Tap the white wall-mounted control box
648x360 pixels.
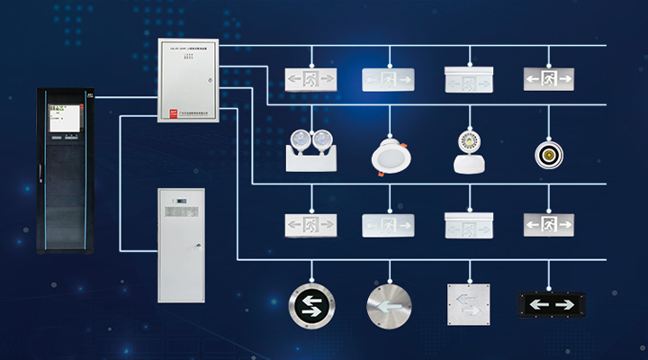pyautogui.click(x=188, y=81)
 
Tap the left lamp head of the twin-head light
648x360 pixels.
pyautogui.click(x=301, y=140)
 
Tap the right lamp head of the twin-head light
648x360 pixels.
pyautogui.click(x=320, y=140)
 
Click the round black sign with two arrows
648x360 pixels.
pyautogui.click(x=311, y=305)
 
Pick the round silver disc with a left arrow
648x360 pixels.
pyautogui.click(x=390, y=305)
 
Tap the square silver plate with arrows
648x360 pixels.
pyautogui.click(x=468, y=304)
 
